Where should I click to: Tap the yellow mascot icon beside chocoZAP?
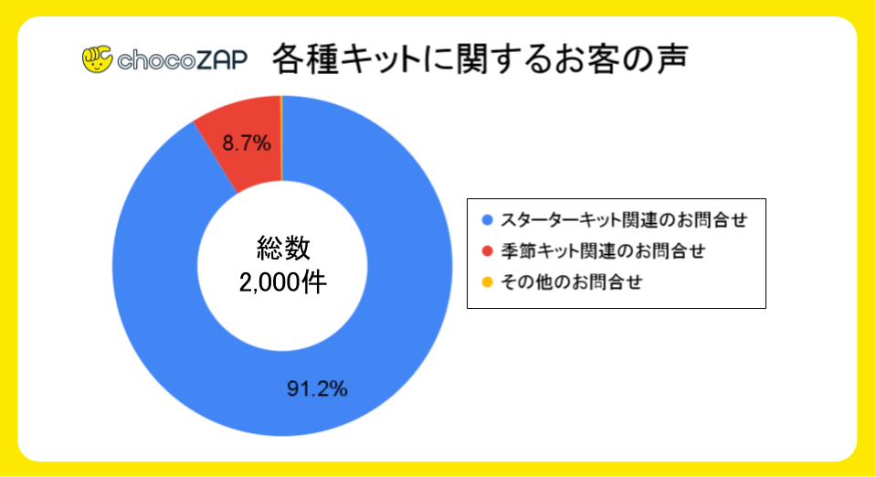click(97, 59)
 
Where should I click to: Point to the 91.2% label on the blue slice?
click(317, 389)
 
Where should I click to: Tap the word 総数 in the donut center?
click(282, 247)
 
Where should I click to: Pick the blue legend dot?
click(486, 220)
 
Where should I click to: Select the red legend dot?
click(486, 251)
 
